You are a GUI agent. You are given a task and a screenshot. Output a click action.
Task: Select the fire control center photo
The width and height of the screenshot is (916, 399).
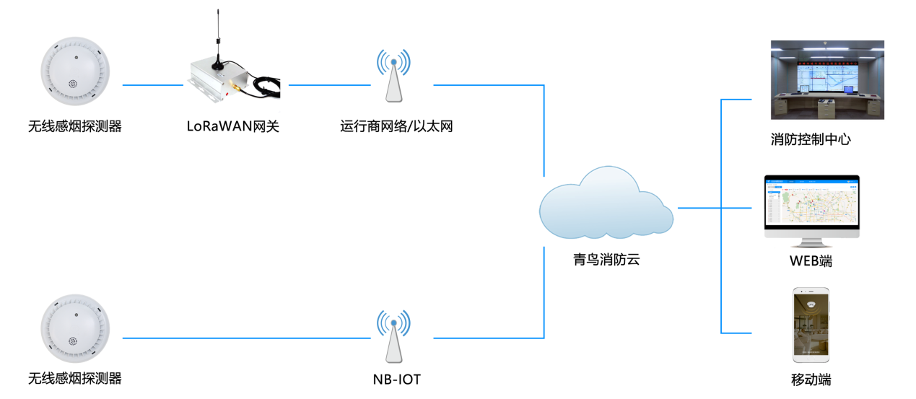coord(827,79)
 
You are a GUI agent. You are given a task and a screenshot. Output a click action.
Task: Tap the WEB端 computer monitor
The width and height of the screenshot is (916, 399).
coord(812,206)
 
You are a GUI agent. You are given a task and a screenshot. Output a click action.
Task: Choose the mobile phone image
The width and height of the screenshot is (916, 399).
coord(811,325)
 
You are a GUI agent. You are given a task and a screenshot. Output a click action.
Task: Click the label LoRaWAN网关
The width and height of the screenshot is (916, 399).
coord(232,126)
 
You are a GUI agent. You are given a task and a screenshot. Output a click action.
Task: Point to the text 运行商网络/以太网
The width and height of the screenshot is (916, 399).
coord(396,126)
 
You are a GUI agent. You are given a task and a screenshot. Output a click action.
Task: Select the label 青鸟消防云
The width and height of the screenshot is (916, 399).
coord(606,260)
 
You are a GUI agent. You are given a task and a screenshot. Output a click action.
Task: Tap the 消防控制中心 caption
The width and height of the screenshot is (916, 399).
coord(811,140)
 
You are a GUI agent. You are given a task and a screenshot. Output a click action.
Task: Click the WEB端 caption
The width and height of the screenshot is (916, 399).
coord(811,261)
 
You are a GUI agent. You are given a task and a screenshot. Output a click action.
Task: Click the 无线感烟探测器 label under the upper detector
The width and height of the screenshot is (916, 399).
coord(75,126)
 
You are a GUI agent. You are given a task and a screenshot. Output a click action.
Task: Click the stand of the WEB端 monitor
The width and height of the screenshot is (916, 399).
coord(812,245)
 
